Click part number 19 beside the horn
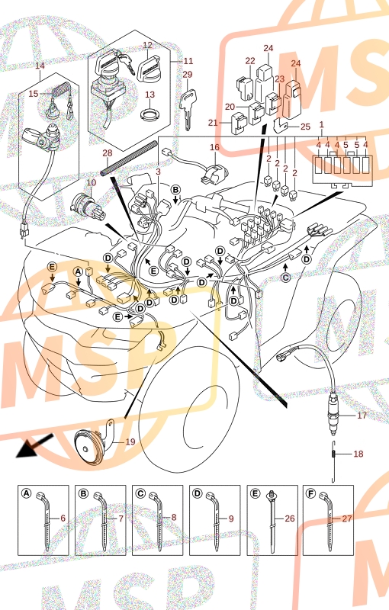130,441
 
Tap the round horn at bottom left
88,446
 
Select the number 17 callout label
362,416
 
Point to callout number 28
108,153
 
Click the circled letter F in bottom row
310,493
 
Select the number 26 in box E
289,518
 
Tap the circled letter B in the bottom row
83,493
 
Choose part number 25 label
305,127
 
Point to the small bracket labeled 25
280,124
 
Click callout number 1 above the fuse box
321,124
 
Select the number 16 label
215,147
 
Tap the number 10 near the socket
91,182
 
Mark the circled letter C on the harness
285,278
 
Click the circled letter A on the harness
79,271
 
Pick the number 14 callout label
40,66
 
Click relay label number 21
213,123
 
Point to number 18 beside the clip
358,454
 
